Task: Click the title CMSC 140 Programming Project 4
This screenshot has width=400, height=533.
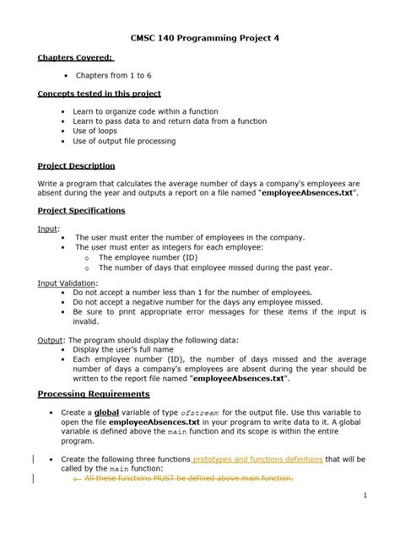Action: pos(200,39)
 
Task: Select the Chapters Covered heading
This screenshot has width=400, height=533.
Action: pos(75,57)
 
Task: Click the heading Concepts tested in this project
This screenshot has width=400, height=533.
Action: pos(99,94)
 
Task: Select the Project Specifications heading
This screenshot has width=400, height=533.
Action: pos(81,211)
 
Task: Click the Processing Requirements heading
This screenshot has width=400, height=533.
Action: pos(94,394)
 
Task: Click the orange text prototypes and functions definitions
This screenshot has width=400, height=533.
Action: pos(257,460)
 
